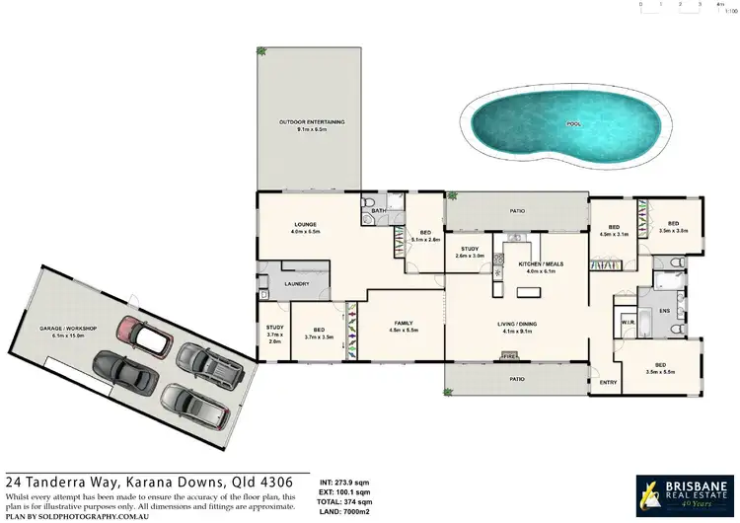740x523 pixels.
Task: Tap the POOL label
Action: (x=573, y=124)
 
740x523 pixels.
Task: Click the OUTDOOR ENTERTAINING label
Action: (x=306, y=122)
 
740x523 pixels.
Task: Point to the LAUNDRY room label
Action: (x=297, y=284)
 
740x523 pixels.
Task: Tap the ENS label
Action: (x=664, y=311)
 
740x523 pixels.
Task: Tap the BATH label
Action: (x=378, y=210)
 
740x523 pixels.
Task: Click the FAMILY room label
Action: (x=403, y=323)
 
